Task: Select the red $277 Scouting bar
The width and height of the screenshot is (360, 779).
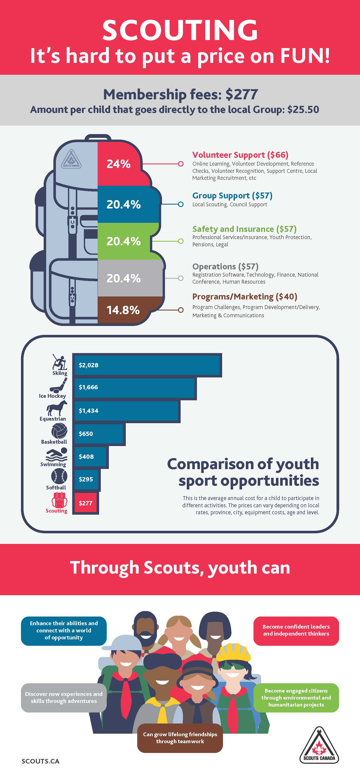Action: click(x=86, y=503)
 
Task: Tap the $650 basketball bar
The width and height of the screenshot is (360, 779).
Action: click(x=99, y=434)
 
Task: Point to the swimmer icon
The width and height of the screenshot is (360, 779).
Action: click(x=57, y=455)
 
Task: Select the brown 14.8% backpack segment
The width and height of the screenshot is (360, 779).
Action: click(x=124, y=310)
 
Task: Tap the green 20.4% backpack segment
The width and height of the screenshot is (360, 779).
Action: click(x=124, y=241)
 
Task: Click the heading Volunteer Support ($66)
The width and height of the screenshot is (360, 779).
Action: click(x=240, y=155)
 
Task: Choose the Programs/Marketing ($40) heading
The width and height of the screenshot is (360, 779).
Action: click(x=245, y=297)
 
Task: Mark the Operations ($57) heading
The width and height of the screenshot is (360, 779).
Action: click(x=225, y=266)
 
